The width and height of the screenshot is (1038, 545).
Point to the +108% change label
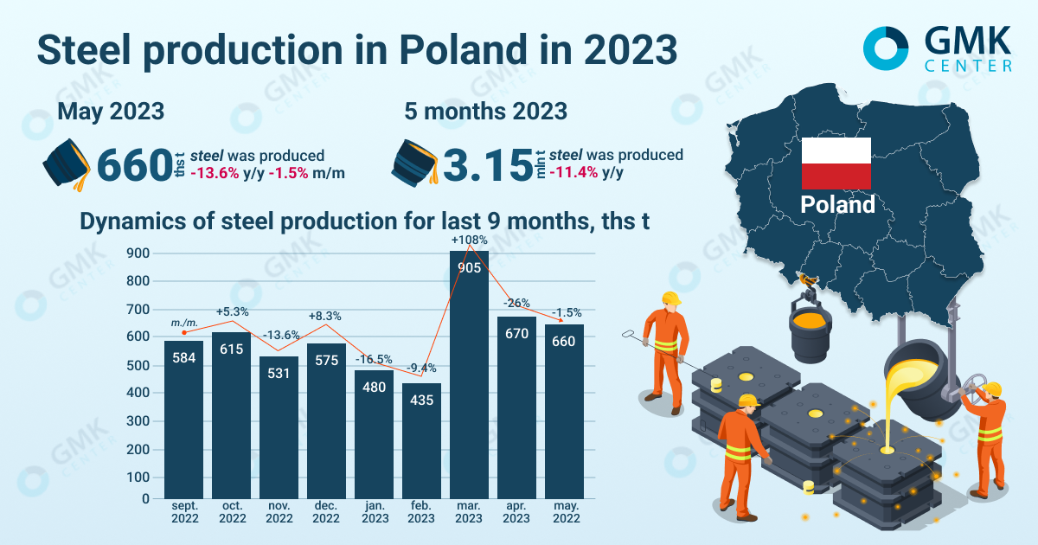pos(470,240)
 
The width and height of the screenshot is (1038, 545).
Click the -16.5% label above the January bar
pos(374,359)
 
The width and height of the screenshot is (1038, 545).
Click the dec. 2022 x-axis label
pos(326,512)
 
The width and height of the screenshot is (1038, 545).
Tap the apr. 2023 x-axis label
pos(516,512)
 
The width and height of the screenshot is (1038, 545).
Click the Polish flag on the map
pos(836,163)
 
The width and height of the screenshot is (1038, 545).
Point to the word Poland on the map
pos(837,205)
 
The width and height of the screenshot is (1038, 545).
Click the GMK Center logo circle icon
pos(886,47)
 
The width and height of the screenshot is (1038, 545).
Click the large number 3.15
pos(487,165)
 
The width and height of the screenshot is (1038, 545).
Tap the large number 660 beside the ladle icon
pos(135,165)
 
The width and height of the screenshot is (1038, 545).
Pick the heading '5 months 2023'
pos(486,112)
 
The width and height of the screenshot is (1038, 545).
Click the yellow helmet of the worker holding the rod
pos(670,298)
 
